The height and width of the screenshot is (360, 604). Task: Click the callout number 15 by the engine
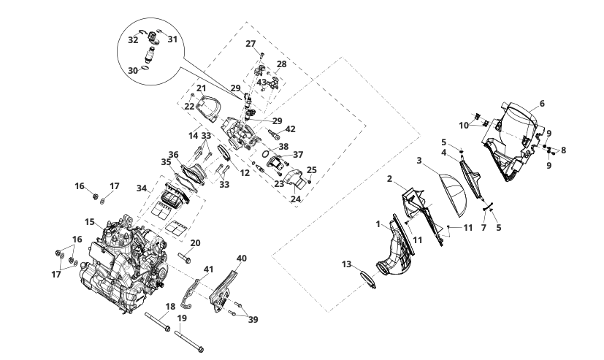(89, 221)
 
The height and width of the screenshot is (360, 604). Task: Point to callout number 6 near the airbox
(542, 104)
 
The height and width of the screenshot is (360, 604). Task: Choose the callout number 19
(183, 318)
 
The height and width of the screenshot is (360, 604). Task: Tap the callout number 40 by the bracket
(242, 258)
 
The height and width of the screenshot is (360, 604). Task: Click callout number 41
(208, 270)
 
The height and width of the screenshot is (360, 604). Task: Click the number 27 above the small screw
(251, 44)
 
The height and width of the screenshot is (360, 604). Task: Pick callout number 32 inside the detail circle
(133, 41)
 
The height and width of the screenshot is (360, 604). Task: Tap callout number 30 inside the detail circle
(133, 70)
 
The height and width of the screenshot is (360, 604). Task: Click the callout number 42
(290, 129)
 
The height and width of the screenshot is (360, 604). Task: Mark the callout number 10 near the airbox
(464, 125)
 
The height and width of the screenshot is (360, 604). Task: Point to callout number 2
(390, 179)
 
